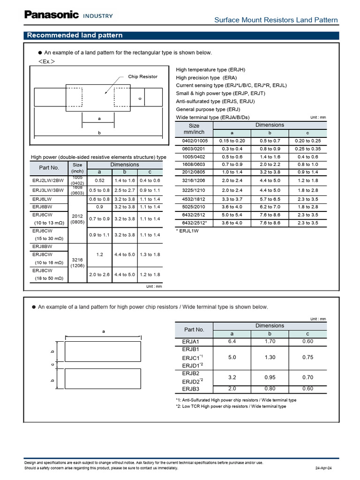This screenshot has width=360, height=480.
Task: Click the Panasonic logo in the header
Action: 52,15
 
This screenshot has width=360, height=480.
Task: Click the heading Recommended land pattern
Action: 75,35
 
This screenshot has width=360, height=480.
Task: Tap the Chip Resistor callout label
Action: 142,76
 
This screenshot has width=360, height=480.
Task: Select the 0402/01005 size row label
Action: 194,141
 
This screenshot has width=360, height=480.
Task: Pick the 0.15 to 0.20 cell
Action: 232,141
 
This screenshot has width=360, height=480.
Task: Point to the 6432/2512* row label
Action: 194,223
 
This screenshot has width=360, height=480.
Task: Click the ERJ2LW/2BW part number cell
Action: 49,180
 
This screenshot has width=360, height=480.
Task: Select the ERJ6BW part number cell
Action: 42,206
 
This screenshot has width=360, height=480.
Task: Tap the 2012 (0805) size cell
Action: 77,219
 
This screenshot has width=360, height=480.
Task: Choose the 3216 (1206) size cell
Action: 77,262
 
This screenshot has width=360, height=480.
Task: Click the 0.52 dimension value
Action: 99,180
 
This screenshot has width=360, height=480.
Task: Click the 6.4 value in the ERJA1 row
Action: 232,341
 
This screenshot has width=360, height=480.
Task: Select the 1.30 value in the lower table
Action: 270,357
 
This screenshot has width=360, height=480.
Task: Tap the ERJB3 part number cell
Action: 191,389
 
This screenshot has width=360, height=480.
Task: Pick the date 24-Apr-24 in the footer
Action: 323,468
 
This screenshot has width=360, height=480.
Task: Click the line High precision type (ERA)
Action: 206,77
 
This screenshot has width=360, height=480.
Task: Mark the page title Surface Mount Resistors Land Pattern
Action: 276,20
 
